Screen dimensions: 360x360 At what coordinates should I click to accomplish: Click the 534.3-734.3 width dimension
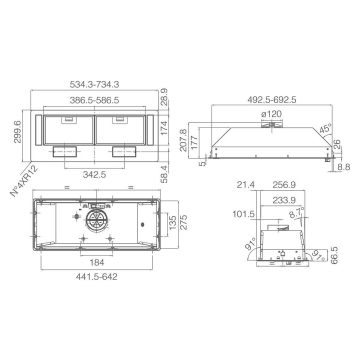click(x=94, y=84)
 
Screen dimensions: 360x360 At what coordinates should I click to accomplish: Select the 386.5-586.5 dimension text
click(x=94, y=100)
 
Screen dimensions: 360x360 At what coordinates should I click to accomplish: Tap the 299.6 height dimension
click(x=17, y=132)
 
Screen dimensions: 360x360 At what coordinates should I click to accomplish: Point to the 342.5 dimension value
click(x=94, y=174)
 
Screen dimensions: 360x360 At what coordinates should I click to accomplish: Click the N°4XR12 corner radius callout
click(x=24, y=181)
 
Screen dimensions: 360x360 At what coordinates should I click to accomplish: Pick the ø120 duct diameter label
click(x=271, y=114)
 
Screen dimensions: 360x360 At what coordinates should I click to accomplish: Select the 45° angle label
click(x=326, y=128)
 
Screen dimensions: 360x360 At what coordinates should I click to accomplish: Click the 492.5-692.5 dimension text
click(x=272, y=99)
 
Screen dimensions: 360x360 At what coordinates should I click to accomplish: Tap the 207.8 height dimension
click(x=183, y=140)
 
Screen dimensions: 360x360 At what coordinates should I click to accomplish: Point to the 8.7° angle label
click(x=297, y=212)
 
